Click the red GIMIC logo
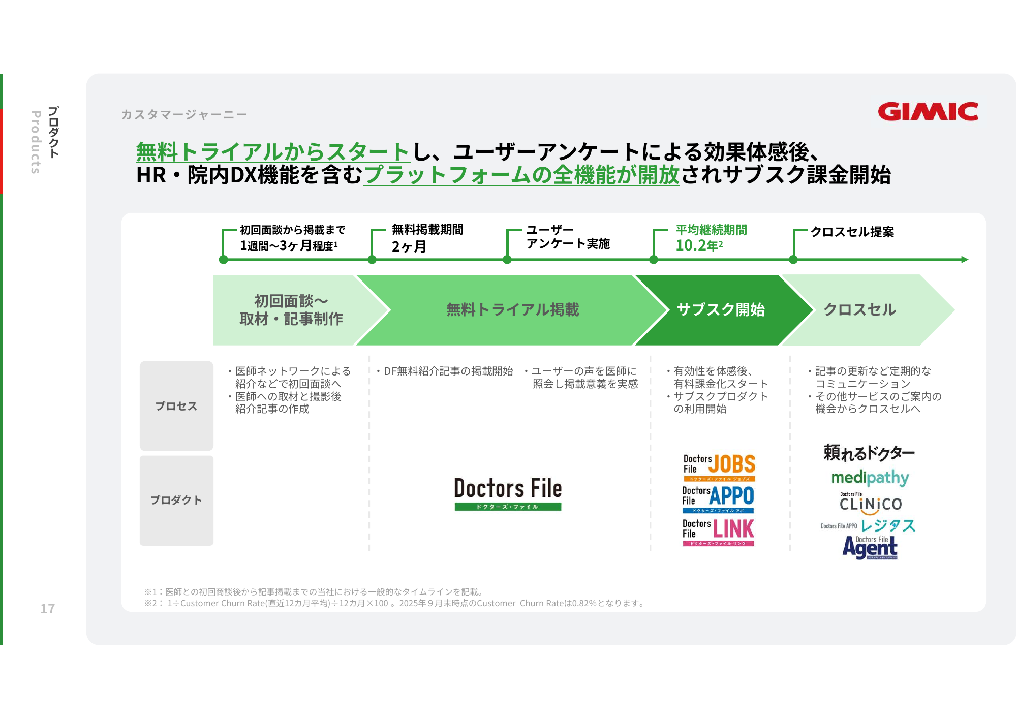coord(928,112)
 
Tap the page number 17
coord(48,608)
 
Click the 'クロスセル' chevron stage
coord(859,309)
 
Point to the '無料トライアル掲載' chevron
coord(512,309)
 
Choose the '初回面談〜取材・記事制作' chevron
coord(291,309)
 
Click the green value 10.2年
coord(699,245)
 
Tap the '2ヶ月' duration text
coord(409,246)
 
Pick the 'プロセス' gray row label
coord(176,406)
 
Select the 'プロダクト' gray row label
coord(176,500)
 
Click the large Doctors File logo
coord(508,493)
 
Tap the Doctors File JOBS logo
coord(719,467)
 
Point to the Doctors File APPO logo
coord(718,498)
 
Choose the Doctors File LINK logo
coord(718,532)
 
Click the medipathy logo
coord(870,478)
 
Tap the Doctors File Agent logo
coord(870,548)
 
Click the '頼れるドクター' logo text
coord(869,452)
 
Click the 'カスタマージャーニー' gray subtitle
coord(184,115)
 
